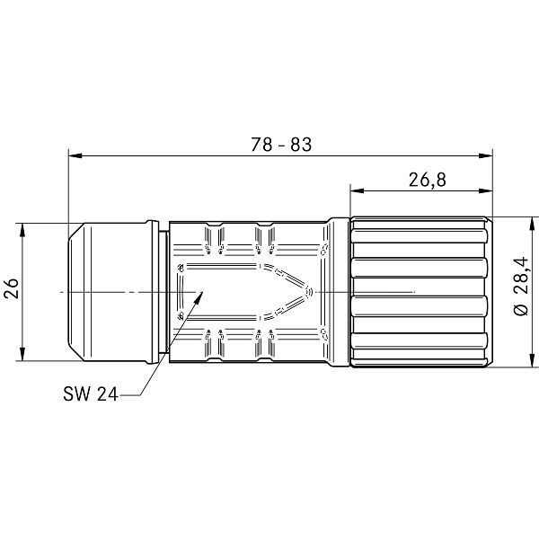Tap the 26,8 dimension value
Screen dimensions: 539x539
click(428, 180)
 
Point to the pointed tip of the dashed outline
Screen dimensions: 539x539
click(312, 291)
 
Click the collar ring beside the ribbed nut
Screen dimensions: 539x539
click(339, 293)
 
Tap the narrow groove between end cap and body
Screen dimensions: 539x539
click(164, 293)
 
